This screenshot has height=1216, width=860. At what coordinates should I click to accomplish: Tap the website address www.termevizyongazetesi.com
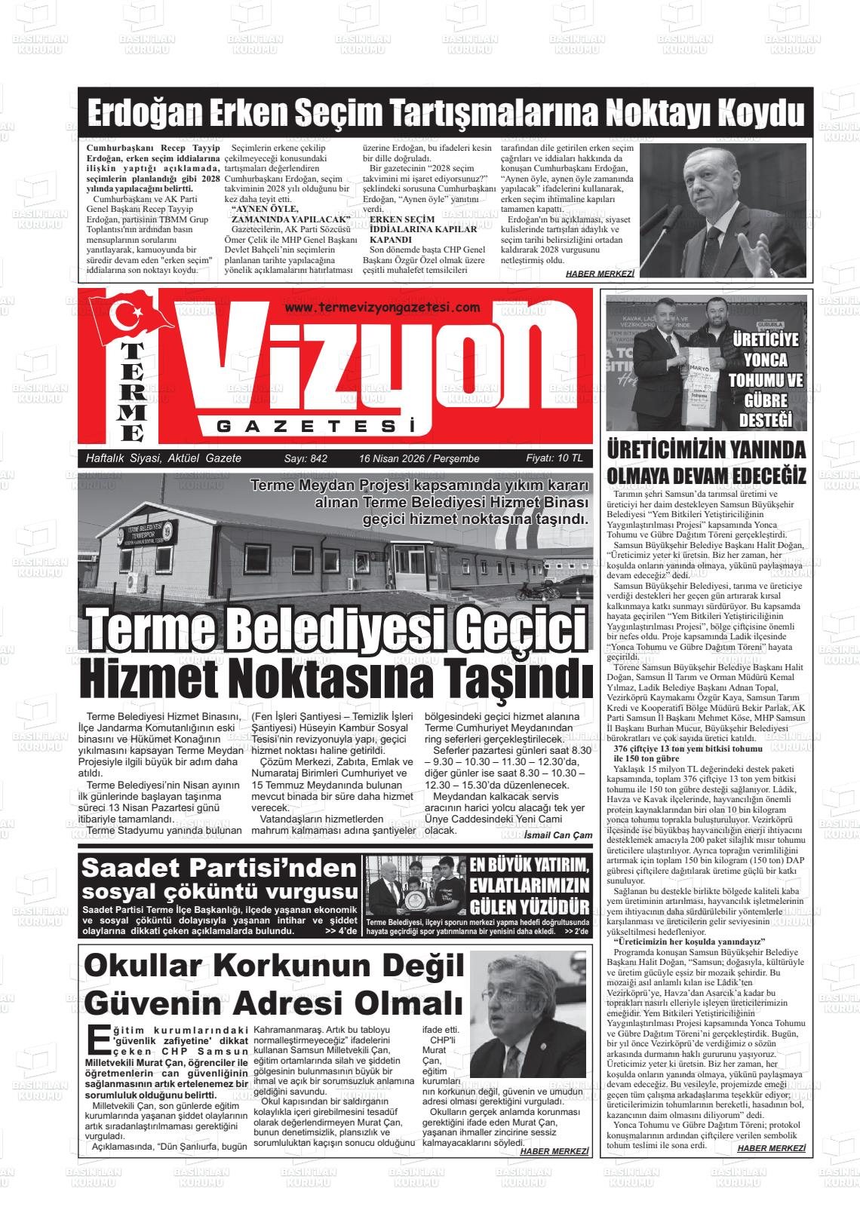(383, 307)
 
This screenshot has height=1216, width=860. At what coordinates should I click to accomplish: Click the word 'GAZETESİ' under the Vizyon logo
(316, 427)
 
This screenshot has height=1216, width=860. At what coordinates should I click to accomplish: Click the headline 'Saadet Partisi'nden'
(218, 868)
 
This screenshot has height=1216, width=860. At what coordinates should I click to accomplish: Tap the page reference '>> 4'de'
(340, 931)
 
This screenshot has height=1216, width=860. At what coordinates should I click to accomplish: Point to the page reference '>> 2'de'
(576, 932)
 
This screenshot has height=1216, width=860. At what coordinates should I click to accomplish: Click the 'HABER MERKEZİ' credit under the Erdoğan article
(600, 274)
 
